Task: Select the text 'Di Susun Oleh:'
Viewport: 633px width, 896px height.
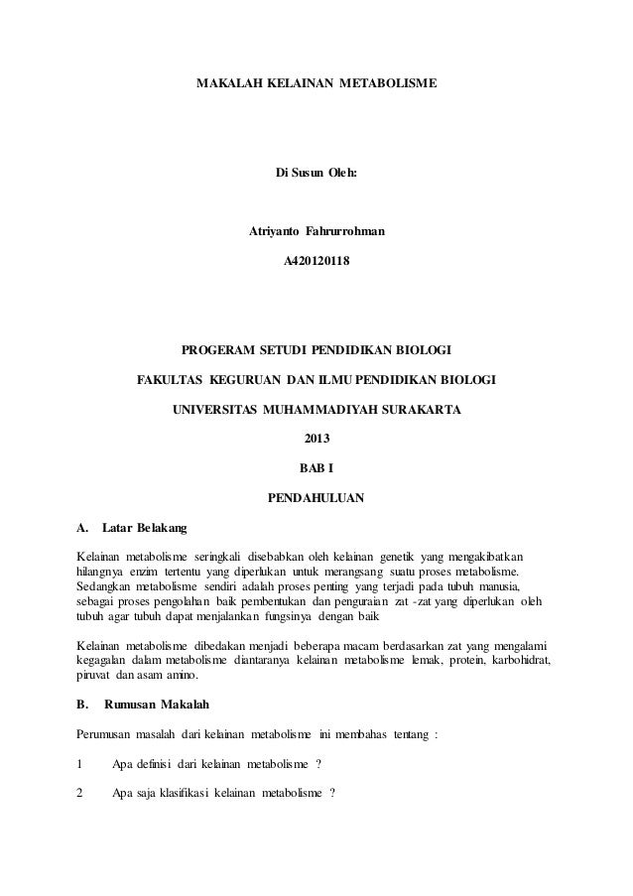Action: point(316,174)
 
